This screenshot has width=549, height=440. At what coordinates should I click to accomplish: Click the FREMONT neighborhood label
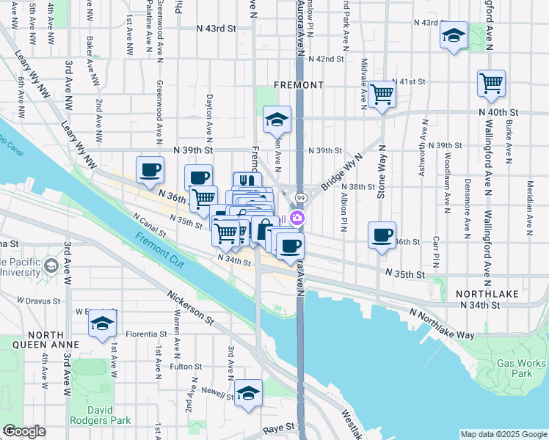[x=298, y=85]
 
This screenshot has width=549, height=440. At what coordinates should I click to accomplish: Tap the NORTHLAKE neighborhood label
[x=487, y=293]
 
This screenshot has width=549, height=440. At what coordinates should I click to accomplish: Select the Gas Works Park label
[x=521, y=368]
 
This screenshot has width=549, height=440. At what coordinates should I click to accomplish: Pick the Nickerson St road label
[x=190, y=309]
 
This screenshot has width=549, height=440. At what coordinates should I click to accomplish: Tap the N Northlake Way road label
[x=443, y=323]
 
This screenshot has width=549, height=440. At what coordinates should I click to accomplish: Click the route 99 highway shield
[x=301, y=199]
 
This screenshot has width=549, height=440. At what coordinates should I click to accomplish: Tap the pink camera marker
[x=297, y=218]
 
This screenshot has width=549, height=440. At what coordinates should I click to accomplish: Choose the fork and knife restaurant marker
[x=247, y=182]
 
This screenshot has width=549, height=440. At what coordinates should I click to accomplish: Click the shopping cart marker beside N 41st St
[x=382, y=94]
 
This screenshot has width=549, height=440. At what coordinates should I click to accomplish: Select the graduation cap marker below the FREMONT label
[x=277, y=120]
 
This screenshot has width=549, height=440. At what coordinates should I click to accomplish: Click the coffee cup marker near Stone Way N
[x=382, y=235]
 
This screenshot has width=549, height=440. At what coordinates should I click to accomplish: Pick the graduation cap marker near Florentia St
[x=103, y=323]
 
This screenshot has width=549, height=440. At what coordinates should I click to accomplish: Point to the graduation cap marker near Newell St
[x=249, y=392]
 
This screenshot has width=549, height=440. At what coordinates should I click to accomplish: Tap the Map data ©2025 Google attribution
[x=503, y=434]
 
